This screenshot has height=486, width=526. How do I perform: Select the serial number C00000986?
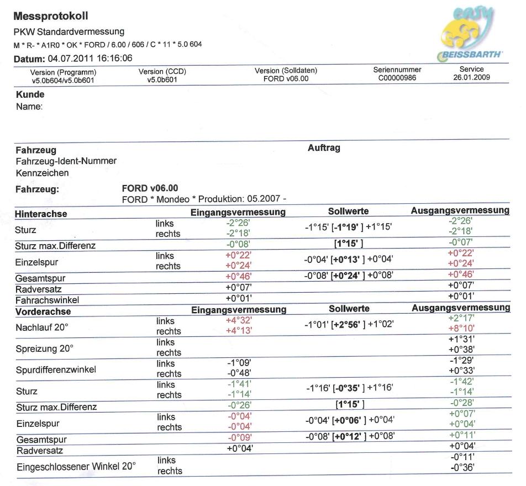pyautogui.click(x=397, y=78)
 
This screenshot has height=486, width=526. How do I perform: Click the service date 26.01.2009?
pyautogui.click(x=471, y=78)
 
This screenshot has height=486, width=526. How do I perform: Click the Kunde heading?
pyautogui.click(x=30, y=94)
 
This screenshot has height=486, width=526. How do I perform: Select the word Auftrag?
pyautogui.click(x=324, y=148)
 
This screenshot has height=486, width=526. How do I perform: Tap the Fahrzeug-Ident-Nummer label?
pyautogui.click(x=66, y=161)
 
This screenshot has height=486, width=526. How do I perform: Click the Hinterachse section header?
pyautogui.click(x=41, y=213)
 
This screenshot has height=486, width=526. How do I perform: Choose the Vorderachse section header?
pyautogui.click(x=43, y=311)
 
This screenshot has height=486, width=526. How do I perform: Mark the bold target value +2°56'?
pyautogui.click(x=348, y=324)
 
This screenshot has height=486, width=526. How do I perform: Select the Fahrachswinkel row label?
pyautogui.click(x=47, y=300)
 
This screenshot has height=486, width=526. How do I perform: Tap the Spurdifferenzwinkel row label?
pyautogui.click(x=55, y=369)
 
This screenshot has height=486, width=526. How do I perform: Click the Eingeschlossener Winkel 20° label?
pyautogui.click(x=75, y=466)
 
